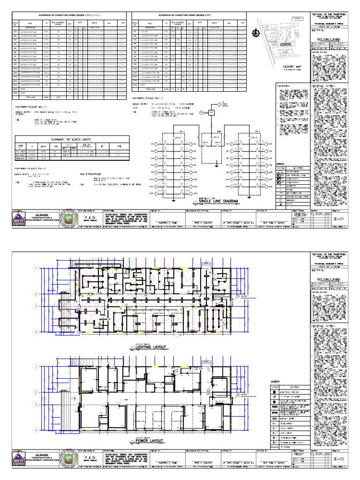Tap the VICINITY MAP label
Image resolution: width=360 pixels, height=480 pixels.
click(278, 67)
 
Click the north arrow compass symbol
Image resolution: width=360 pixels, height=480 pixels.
click(255, 32)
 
